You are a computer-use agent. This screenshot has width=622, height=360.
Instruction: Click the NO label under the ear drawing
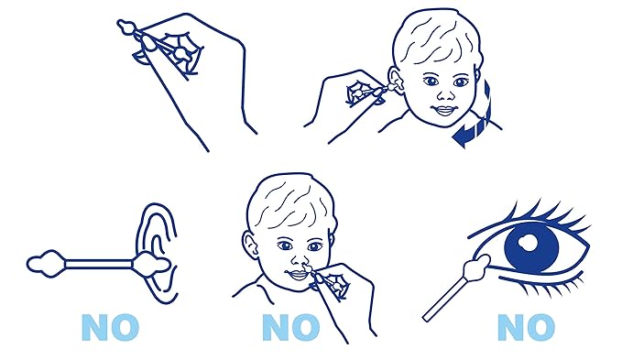[110, 327]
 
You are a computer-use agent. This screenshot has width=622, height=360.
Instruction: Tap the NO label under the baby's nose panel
[290, 327]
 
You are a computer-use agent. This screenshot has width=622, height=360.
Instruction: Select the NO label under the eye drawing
[526, 327]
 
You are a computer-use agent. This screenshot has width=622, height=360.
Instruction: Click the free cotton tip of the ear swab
[46, 264]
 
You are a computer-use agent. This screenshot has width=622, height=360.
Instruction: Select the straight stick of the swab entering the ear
[98, 264]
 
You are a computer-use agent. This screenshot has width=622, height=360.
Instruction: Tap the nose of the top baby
[446, 94]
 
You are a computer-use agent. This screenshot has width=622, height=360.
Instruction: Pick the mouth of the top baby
[444, 110]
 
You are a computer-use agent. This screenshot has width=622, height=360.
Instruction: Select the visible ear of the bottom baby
[249, 244]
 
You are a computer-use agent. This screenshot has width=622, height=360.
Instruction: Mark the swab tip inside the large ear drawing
[152, 264]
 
